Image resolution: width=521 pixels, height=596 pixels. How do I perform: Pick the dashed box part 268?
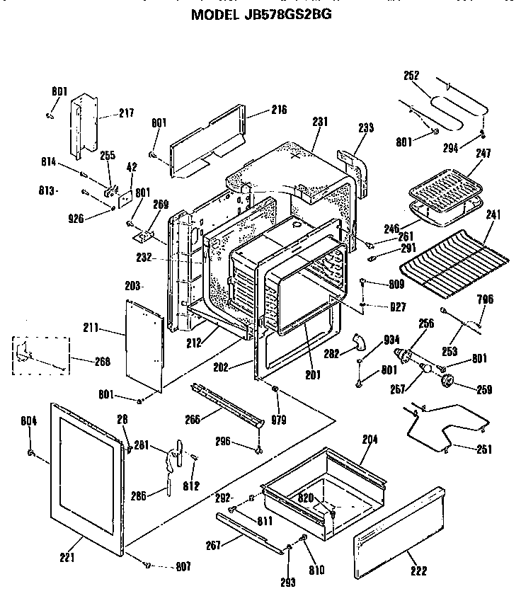(x=42, y=354)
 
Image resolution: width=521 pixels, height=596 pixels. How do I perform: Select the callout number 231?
(x=321, y=122)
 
